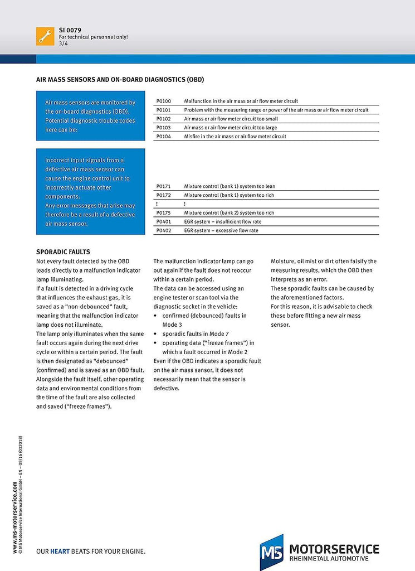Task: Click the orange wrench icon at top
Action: point(45,36)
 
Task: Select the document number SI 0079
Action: point(70,30)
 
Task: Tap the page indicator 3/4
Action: point(64,43)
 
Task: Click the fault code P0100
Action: point(164,101)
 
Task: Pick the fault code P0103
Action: point(164,128)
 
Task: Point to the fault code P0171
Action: point(164,186)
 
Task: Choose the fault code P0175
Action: point(164,212)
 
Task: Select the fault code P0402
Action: point(164,230)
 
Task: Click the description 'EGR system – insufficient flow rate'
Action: point(222,221)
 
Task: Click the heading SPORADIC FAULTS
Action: point(63,252)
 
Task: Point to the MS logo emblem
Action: point(271,552)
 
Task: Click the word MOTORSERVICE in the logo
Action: point(334,549)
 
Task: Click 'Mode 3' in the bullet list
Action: point(172,325)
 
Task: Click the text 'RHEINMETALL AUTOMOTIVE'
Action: point(329,559)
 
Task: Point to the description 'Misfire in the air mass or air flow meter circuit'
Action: point(235,137)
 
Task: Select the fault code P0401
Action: point(164,221)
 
